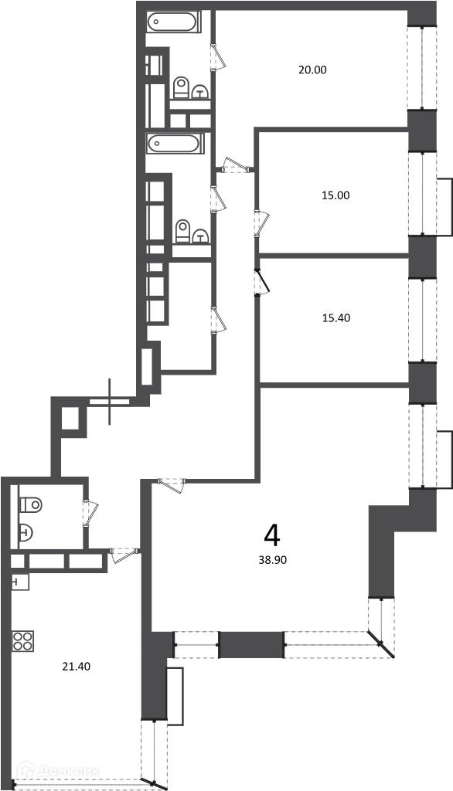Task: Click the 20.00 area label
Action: point(312,70)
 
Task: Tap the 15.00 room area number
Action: point(335,195)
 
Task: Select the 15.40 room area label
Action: point(335,318)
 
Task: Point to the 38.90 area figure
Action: point(272,559)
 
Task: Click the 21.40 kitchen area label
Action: point(76,667)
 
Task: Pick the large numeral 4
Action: point(271,536)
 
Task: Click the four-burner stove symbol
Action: point(22,640)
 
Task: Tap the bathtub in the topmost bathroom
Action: point(172,22)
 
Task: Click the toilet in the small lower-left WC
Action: point(31,504)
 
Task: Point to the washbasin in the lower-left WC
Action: point(26,531)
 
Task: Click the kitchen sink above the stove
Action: point(20,582)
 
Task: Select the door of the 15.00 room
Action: point(263,223)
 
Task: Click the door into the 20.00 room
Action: point(218,56)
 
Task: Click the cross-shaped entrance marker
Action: point(110,402)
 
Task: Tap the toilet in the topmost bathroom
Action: point(180,88)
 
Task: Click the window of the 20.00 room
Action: point(422,68)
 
